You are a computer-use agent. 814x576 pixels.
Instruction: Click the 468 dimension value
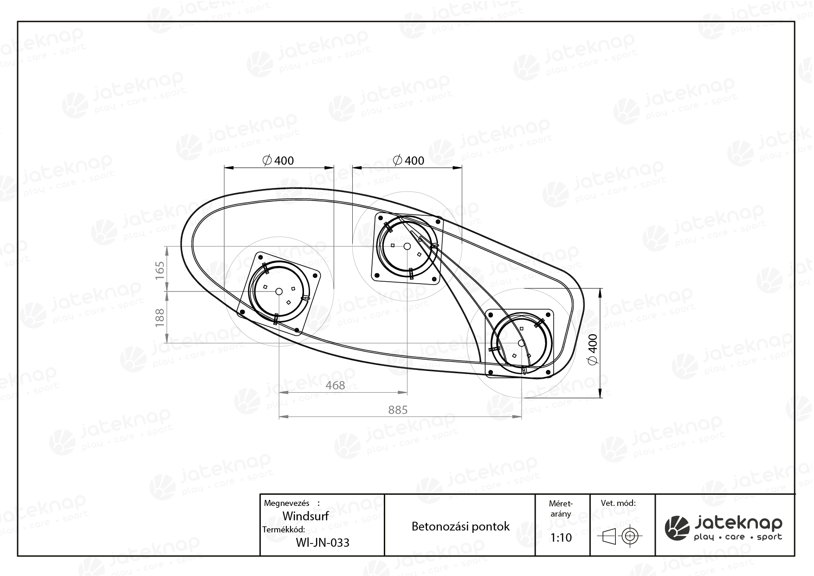click(x=335, y=385)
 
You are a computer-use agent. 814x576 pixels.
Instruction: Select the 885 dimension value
click(x=398, y=410)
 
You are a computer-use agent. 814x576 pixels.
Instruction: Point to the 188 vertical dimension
click(x=160, y=317)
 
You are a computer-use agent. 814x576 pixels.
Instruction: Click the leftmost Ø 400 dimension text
click(x=278, y=161)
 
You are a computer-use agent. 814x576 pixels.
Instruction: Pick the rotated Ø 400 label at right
click(x=593, y=349)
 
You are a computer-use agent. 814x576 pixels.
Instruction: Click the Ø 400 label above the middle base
click(x=408, y=161)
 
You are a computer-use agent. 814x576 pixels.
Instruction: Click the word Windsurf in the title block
click(x=305, y=516)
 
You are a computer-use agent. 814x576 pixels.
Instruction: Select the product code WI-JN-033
click(x=322, y=542)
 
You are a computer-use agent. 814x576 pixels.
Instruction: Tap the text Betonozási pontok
click(x=460, y=526)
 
